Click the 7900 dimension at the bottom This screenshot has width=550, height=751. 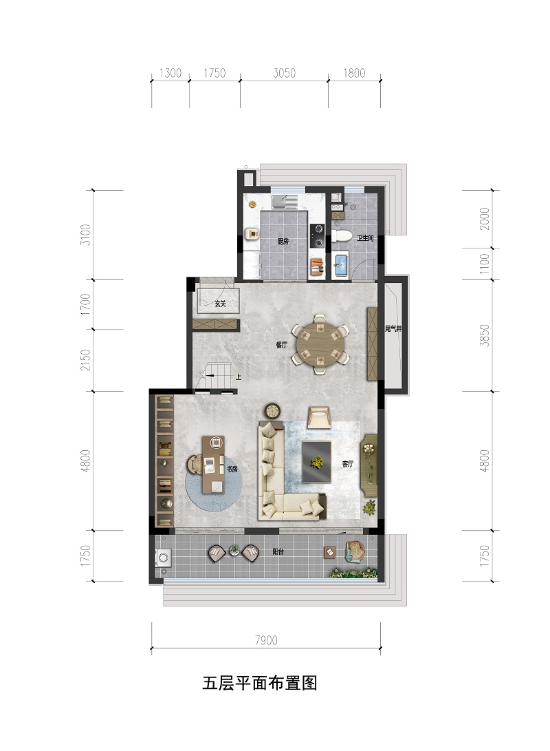coord(266,640)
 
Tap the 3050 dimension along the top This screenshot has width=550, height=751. coord(284,73)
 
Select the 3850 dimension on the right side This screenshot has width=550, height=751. coord(485,335)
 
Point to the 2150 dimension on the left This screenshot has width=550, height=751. coord(85,360)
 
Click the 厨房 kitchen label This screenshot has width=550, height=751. coord(283,242)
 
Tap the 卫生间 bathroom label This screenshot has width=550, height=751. coord(364,238)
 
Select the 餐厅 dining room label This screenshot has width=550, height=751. coord(281,344)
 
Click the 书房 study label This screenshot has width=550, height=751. coord(232,469)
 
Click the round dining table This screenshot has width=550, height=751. coord(320,344)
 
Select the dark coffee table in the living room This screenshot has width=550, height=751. coord(317,461)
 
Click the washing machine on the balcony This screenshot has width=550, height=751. coord(163,558)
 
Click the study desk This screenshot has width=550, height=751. coord(213,464)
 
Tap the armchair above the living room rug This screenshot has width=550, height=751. coord(320,416)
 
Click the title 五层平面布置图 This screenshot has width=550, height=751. coord(260,683)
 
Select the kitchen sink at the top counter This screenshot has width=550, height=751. coord(283,201)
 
